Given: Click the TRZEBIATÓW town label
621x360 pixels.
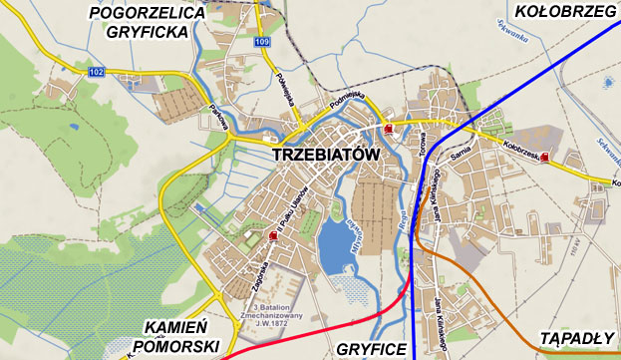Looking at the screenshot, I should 325,156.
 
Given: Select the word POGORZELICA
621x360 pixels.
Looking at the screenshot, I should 147,13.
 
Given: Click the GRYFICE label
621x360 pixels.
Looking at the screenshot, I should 372,349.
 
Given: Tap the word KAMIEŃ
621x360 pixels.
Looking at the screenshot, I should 174,327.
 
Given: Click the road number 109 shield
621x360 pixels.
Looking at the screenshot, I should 261,41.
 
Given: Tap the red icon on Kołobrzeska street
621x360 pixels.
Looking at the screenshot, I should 544,157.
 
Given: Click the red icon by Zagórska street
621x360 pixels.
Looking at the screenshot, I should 273,234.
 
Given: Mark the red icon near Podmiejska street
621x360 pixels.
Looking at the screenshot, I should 388,129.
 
